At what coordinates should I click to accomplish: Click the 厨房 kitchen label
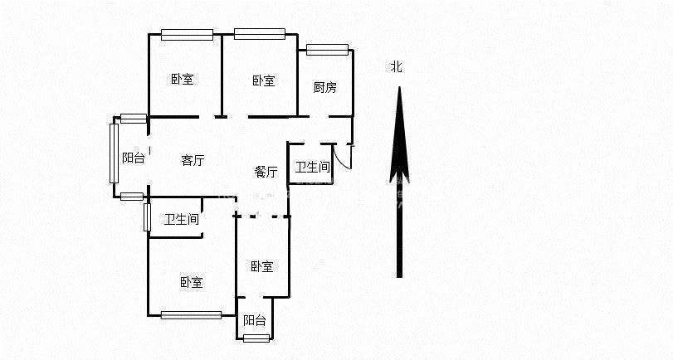[x=324, y=87]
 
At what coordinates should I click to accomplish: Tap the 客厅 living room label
[x=193, y=161]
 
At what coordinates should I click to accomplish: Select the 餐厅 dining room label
[x=266, y=172]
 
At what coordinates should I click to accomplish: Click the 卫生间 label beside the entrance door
[x=312, y=167]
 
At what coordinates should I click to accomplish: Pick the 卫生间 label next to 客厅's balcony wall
[x=181, y=220]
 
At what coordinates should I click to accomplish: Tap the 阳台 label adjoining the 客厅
[x=133, y=158]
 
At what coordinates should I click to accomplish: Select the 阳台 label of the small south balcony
[x=255, y=321]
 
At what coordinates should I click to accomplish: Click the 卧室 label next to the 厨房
[x=264, y=80]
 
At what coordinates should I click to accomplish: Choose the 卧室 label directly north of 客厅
[x=183, y=80]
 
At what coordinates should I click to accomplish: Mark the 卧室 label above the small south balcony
[x=262, y=266]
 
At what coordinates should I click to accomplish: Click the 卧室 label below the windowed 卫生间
[x=191, y=283]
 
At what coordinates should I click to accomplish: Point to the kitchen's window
[x=327, y=50]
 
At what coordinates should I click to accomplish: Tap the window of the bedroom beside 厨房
[x=259, y=34]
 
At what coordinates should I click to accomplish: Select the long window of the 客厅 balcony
[x=114, y=153]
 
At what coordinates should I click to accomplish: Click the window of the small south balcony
[x=256, y=338]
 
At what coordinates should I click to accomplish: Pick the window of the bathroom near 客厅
[x=147, y=216]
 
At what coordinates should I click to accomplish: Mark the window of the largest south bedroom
[x=191, y=314]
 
